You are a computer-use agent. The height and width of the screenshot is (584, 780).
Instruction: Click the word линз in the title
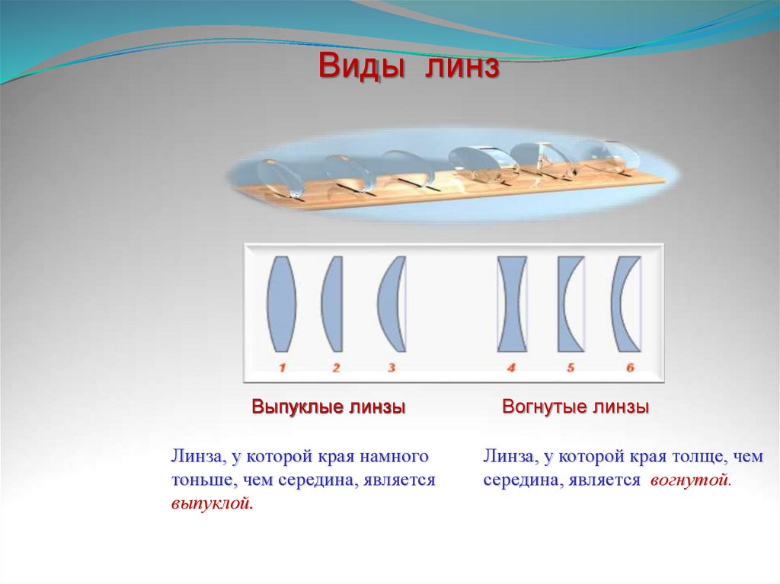click(x=462, y=67)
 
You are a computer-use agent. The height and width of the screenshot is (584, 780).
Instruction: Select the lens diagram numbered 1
click(x=282, y=305)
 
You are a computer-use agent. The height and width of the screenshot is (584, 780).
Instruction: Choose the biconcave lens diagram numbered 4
click(x=512, y=305)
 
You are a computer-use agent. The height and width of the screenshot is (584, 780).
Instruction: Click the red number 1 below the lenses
click(x=282, y=368)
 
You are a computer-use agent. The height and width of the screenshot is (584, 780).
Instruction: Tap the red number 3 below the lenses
click(x=392, y=368)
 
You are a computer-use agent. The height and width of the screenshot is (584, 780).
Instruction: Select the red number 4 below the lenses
click(x=511, y=368)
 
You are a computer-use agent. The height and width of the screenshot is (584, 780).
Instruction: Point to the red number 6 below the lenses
click(x=630, y=368)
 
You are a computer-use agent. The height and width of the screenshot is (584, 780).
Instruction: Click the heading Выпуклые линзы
click(x=328, y=407)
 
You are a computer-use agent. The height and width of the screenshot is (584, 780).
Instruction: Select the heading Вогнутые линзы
click(x=576, y=407)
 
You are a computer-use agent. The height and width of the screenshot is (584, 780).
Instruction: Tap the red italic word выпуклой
click(x=212, y=504)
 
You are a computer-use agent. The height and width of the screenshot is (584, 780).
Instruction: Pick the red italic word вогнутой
click(x=690, y=480)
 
